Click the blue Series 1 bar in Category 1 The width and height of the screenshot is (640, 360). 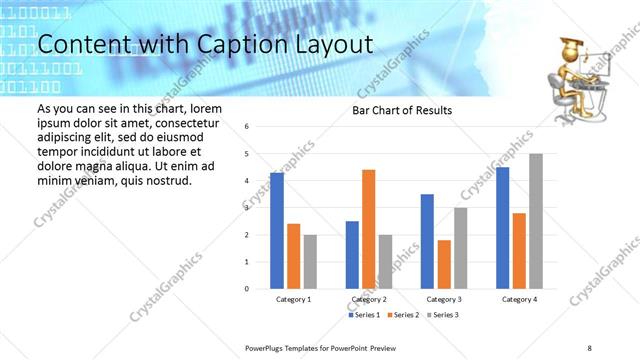tap(277, 231)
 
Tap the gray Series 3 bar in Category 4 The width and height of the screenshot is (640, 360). tap(536, 221)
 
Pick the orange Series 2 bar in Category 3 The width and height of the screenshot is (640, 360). tap(444, 264)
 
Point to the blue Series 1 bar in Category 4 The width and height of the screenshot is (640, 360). tap(502, 228)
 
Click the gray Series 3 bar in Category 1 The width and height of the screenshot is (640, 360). tap(311, 261)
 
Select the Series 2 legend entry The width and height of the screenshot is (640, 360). tap(404, 315)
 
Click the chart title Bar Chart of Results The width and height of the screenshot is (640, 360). tap(403, 110)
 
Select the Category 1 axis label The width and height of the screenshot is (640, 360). tap(294, 299)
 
